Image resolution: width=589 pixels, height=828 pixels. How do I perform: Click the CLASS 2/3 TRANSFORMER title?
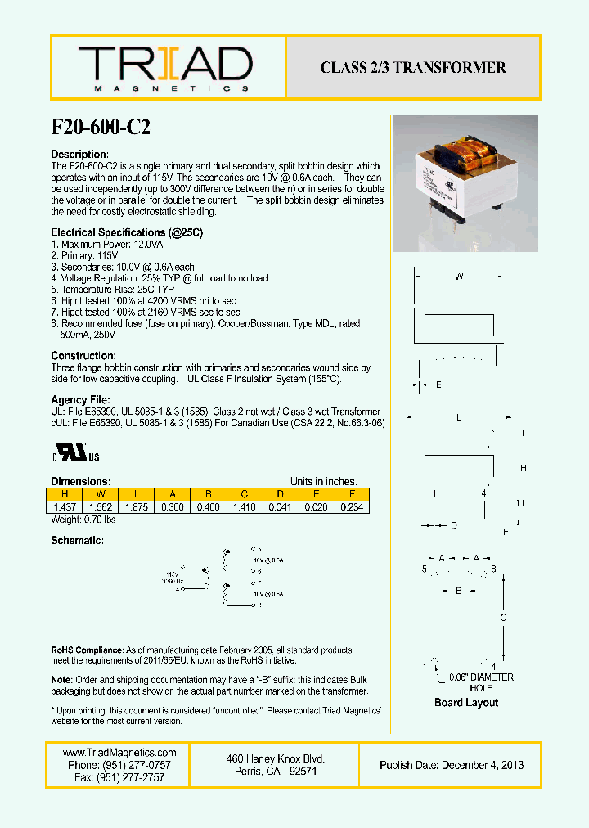(413, 68)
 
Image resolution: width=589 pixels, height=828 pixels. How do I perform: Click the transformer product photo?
(464, 182)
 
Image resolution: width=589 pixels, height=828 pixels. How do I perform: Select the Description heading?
(79, 155)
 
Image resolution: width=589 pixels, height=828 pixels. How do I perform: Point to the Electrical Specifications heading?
(127, 233)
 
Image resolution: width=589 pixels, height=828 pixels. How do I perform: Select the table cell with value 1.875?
(136, 507)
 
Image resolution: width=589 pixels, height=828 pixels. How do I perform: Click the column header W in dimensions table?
(100, 494)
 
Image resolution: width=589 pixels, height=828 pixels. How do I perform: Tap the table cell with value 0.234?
(352, 507)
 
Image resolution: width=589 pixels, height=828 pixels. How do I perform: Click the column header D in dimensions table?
(280, 494)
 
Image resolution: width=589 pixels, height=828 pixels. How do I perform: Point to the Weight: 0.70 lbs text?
(83, 520)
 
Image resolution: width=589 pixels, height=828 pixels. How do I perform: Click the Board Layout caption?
(465, 703)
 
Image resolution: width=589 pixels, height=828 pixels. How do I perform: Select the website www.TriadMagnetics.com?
(119, 753)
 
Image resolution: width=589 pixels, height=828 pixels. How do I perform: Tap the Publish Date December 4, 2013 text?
(452, 766)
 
